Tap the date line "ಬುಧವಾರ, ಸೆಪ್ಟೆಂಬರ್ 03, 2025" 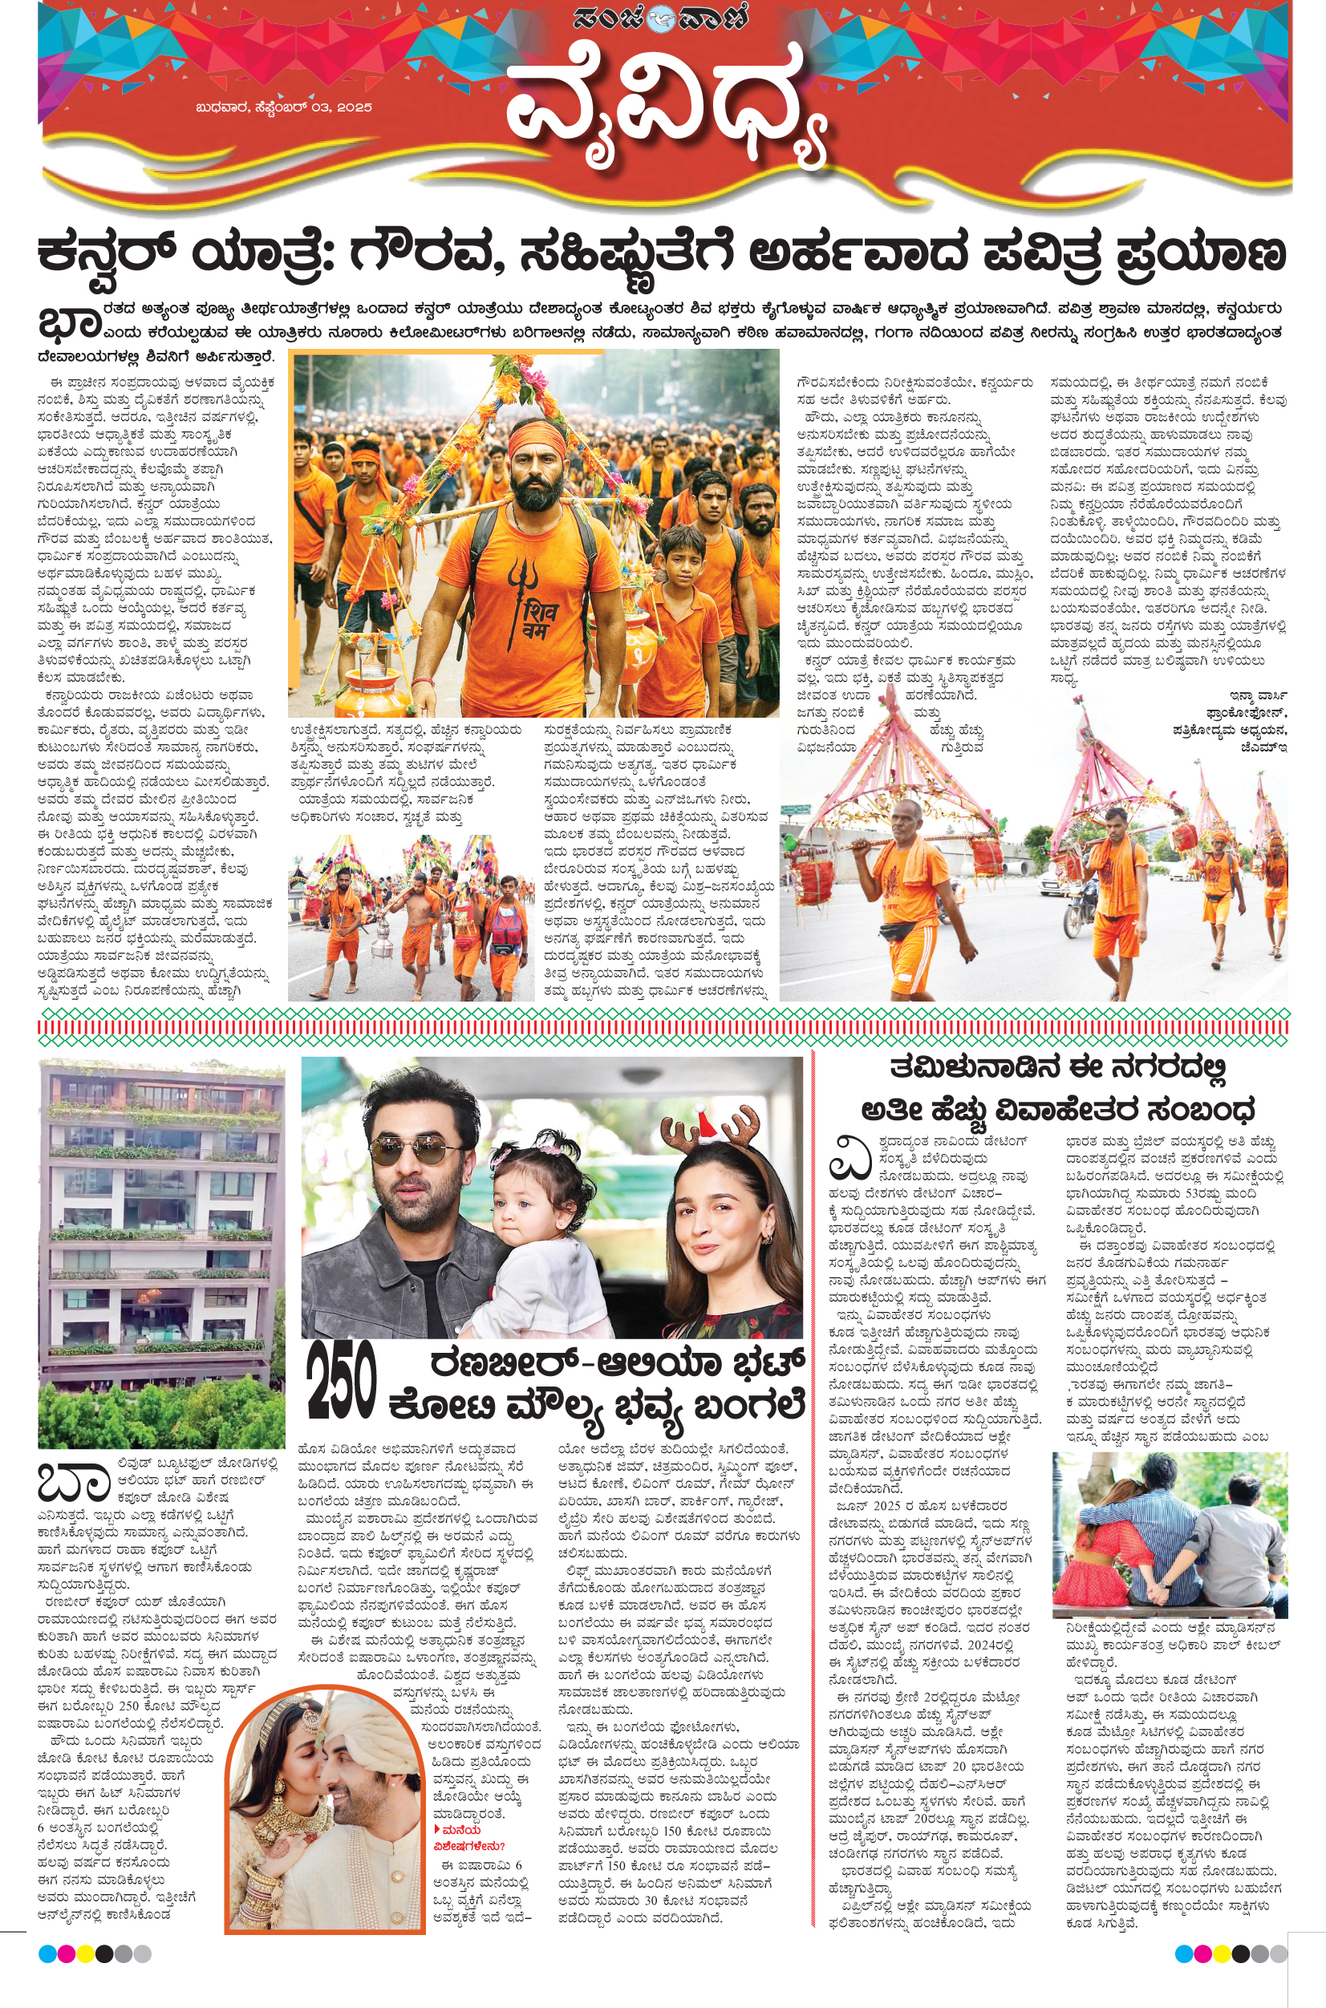click(x=283, y=107)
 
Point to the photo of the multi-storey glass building click(x=161, y=1250)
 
